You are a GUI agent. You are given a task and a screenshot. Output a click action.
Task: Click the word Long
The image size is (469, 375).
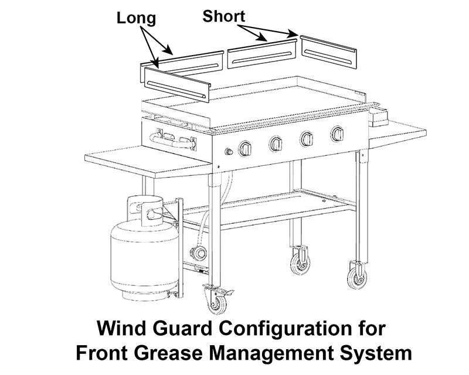(137, 18)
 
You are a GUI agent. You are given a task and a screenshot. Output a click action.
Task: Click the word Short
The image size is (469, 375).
(223, 16)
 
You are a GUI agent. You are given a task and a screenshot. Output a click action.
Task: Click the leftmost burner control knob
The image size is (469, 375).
(246, 149)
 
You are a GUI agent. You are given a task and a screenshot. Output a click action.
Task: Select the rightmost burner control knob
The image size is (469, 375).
(337, 134)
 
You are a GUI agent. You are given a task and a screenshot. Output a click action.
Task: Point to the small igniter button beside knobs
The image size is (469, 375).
(229, 153)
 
